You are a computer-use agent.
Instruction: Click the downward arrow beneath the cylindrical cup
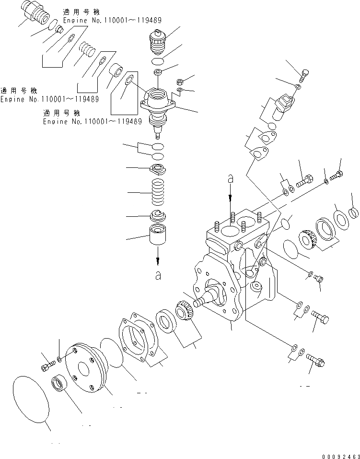pyautogui.click(x=158, y=259)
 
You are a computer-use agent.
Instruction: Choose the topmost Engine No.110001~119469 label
pyautogui.click(x=112, y=21)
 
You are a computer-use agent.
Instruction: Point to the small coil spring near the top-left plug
pyautogui.click(x=87, y=50)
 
